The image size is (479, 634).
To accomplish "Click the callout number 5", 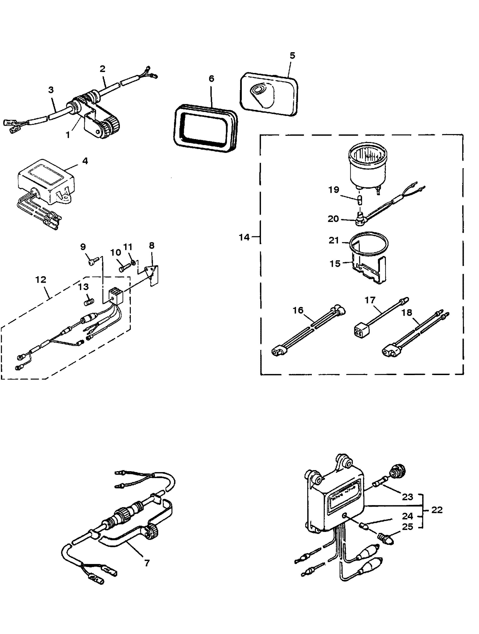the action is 292,55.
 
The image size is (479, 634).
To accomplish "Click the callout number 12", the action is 41,279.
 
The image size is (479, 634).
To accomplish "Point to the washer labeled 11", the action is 133,263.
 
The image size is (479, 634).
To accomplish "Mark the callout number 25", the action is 408,527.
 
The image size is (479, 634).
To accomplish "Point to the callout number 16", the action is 298,310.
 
